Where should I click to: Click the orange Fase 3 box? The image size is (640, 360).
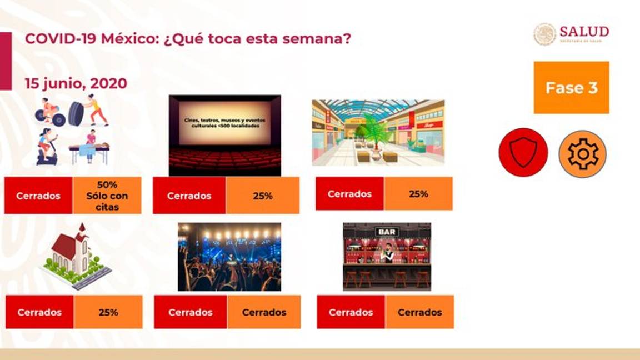(x=571, y=88)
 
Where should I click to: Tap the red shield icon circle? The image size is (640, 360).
(x=523, y=153)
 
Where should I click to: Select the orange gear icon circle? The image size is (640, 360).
(x=583, y=154)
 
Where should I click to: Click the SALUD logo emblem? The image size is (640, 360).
(x=544, y=34)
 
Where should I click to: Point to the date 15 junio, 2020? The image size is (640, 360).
(x=76, y=83)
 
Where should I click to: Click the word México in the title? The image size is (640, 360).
(x=129, y=39)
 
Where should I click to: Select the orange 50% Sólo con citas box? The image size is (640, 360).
(x=107, y=196)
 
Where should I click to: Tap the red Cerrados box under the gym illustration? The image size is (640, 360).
(x=38, y=196)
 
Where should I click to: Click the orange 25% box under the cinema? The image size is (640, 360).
(x=262, y=196)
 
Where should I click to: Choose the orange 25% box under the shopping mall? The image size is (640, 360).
(x=418, y=194)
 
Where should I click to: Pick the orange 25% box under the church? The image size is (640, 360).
(x=108, y=312)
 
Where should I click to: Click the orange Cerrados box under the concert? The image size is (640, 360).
(x=264, y=312)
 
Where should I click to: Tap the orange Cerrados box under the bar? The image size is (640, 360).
(x=419, y=312)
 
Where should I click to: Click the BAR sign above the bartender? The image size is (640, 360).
(x=387, y=232)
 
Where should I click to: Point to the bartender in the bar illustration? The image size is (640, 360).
(x=387, y=253)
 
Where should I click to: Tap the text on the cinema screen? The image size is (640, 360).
(x=224, y=123)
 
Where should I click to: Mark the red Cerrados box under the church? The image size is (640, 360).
(x=39, y=312)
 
